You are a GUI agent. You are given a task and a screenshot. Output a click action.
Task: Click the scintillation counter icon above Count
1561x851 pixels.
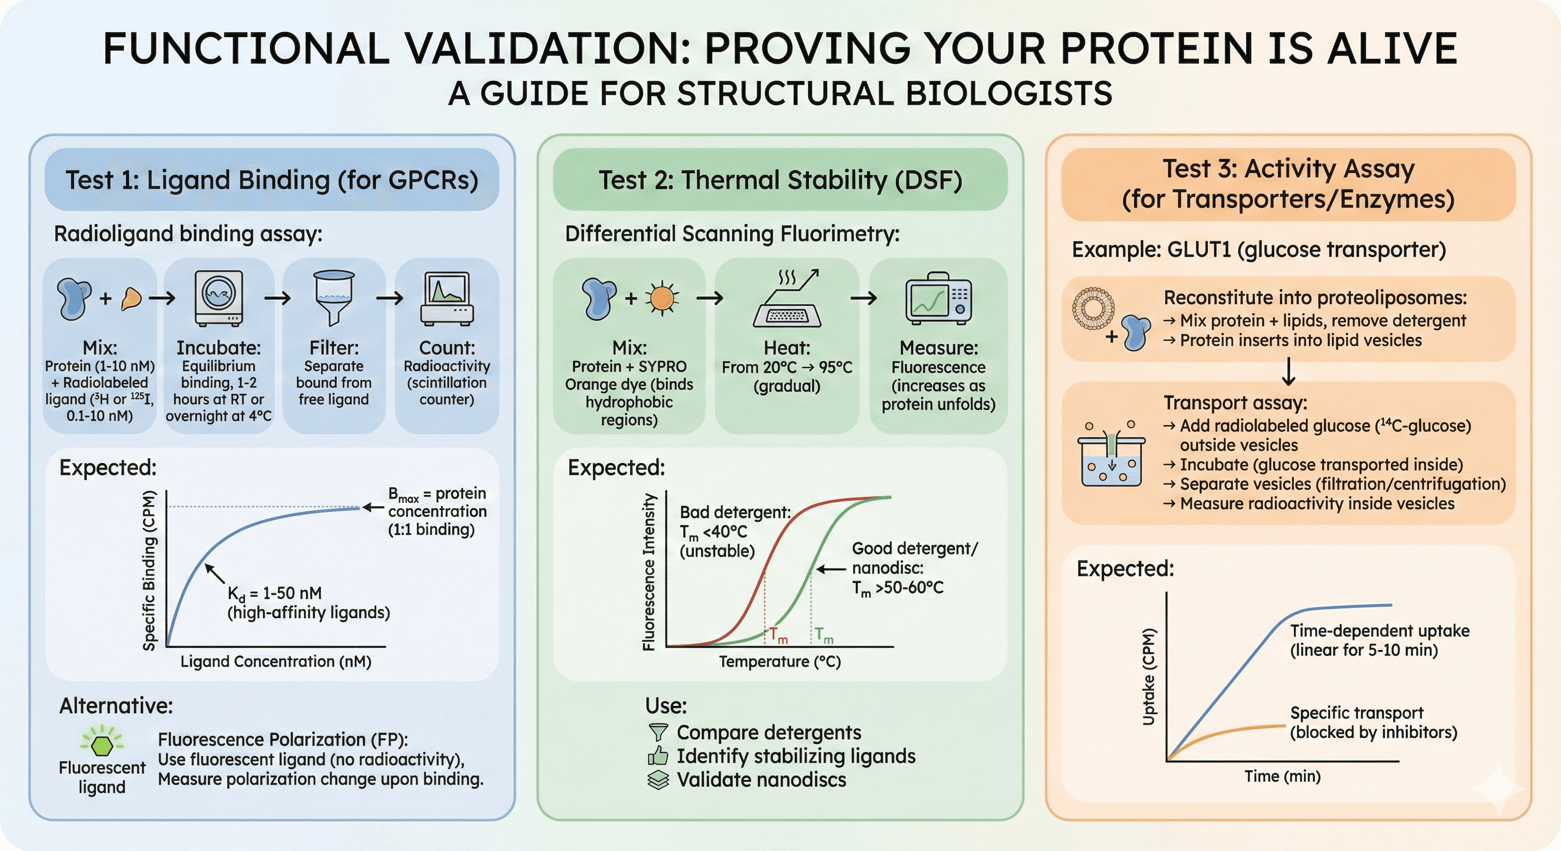[447, 298]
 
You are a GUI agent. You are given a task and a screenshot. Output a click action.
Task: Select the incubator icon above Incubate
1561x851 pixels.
[219, 298]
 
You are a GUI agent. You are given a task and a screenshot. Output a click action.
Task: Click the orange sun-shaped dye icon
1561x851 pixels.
[662, 298]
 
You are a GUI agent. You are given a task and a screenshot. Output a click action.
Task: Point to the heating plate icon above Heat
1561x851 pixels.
[787, 300]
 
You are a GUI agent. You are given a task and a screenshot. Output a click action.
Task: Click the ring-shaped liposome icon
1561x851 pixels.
[1093, 307]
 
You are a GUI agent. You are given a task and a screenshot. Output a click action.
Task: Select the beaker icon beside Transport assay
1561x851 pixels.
[1111, 458]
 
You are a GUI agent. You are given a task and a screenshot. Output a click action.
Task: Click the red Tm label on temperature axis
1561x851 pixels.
[778, 636]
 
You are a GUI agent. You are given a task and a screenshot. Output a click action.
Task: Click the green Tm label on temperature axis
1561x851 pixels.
[824, 635]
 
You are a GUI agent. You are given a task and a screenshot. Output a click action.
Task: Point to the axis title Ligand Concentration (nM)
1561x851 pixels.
[276, 662]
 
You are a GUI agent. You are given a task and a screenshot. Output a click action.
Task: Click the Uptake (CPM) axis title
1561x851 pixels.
[1149, 676]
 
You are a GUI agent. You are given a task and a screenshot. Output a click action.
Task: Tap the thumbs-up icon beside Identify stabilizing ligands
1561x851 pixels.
[658, 756]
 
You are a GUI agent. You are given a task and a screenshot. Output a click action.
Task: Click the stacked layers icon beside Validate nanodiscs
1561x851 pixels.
[658, 780]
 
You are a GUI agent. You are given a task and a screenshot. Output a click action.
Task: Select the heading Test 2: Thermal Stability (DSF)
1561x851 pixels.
[780, 180]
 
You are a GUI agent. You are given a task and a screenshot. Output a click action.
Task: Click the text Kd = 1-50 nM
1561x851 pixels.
[274, 593]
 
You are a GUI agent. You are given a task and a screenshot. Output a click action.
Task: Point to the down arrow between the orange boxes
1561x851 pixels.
[1288, 371]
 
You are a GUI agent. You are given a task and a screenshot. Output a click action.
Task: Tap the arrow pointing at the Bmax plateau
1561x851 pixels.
[373, 507]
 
